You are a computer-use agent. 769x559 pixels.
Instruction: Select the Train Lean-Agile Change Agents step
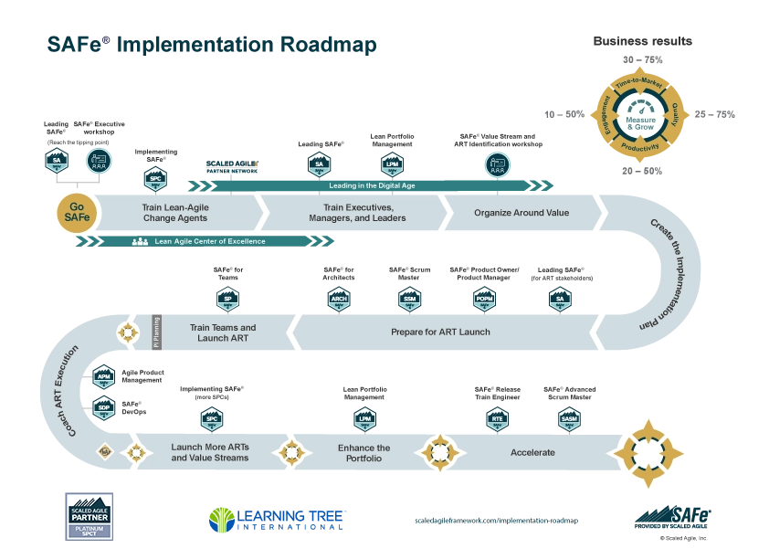(175, 213)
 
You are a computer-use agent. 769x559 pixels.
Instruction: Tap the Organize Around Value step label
(521, 213)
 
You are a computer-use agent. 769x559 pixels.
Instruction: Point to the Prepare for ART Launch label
(440, 332)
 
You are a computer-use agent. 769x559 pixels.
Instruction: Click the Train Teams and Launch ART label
(223, 332)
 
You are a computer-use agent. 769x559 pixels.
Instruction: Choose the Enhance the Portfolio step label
(363, 452)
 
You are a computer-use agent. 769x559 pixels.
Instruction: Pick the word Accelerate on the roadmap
(532, 452)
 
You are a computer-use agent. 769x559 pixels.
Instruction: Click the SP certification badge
(227, 297)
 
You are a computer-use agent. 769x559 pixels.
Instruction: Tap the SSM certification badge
(409, 297)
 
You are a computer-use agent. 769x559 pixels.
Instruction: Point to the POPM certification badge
(484, 297)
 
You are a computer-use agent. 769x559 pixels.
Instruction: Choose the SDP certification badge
(104, 406)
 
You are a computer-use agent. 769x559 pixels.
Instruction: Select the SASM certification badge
(568, 419)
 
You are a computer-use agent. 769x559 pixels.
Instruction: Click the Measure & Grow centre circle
(639, 122)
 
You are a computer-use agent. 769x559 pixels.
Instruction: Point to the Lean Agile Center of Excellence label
(209, 241)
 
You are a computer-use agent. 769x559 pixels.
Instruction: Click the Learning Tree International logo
(274, 519)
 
